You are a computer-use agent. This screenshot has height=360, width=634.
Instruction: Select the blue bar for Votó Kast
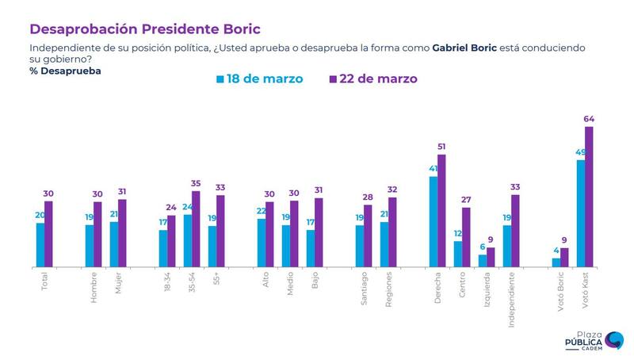coord(580,213)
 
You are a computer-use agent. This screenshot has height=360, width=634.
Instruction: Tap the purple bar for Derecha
coord(441,210)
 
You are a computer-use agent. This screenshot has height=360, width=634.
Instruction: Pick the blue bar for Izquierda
coord(483,261)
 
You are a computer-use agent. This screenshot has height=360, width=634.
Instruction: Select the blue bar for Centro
coord(458,254)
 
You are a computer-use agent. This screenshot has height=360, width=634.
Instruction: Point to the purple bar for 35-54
coord(196,228)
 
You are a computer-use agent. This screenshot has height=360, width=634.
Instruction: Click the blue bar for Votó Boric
coord(556,262)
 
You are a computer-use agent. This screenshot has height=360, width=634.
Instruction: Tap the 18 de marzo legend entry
coord(259,79)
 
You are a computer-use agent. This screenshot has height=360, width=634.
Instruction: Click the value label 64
coord(589,119)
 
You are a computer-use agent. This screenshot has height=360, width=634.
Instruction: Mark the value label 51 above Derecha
coord(442,147)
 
